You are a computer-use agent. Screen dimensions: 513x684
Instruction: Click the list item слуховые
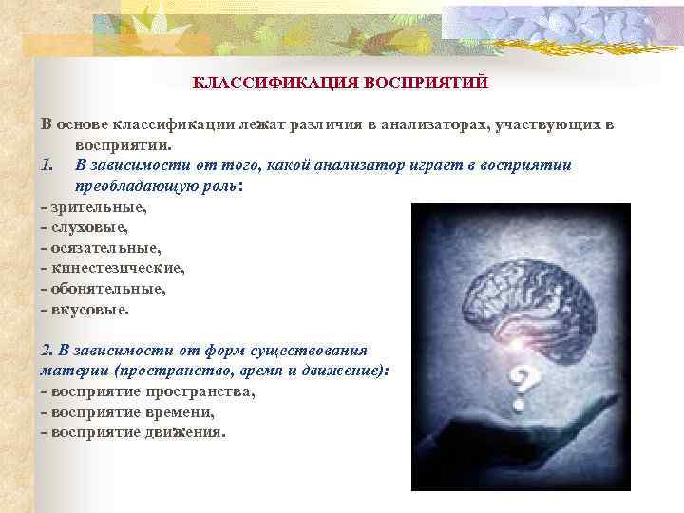click(x=88, y=227)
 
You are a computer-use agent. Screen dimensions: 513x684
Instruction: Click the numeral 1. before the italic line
click(x=48, y=165)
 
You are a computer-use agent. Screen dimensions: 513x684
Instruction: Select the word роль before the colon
click(x=222, y=186)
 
